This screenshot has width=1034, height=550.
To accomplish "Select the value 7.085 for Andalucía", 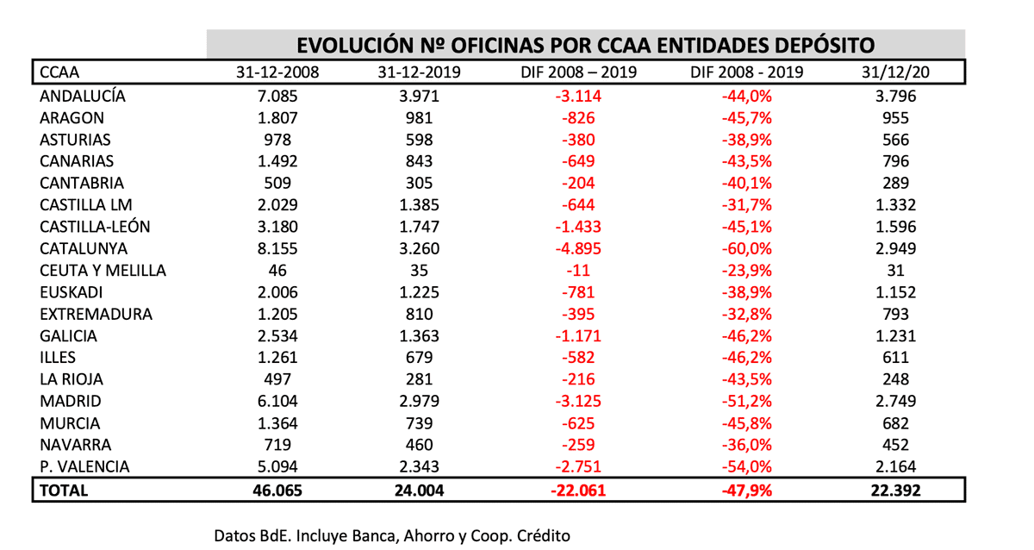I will [x=277, y=96].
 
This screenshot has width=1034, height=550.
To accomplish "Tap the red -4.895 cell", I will [x=578, y=248].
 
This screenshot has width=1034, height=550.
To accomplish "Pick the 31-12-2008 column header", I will [x=277, y=72].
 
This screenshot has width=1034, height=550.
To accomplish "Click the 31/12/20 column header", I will [x=896, y=72].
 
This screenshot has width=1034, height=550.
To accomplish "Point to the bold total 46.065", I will [x=277, y=490].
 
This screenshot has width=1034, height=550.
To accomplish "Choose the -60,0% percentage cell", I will [x=747, y=248].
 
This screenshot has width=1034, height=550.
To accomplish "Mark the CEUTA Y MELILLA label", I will [x=103, y=270].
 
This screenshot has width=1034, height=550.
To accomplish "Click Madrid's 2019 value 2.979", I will [x=419, y=402].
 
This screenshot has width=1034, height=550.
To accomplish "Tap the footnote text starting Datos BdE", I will [x=392, y=535].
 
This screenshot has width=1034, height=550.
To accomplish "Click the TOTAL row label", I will [x=64, y=490].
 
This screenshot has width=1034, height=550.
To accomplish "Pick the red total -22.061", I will [x=578, y=490].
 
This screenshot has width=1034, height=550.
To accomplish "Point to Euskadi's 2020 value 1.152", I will [x=896, y=292].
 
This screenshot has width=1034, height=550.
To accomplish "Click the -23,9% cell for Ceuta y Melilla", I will [x=747, y=270].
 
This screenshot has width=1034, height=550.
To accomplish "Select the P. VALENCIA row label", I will [x=84, y=467].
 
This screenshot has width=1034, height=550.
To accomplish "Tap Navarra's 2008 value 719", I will [x=277, y=446].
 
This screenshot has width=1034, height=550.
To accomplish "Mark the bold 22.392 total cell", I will [x=896, y=490].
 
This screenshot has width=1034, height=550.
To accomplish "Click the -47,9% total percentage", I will [x=747, y=490].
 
